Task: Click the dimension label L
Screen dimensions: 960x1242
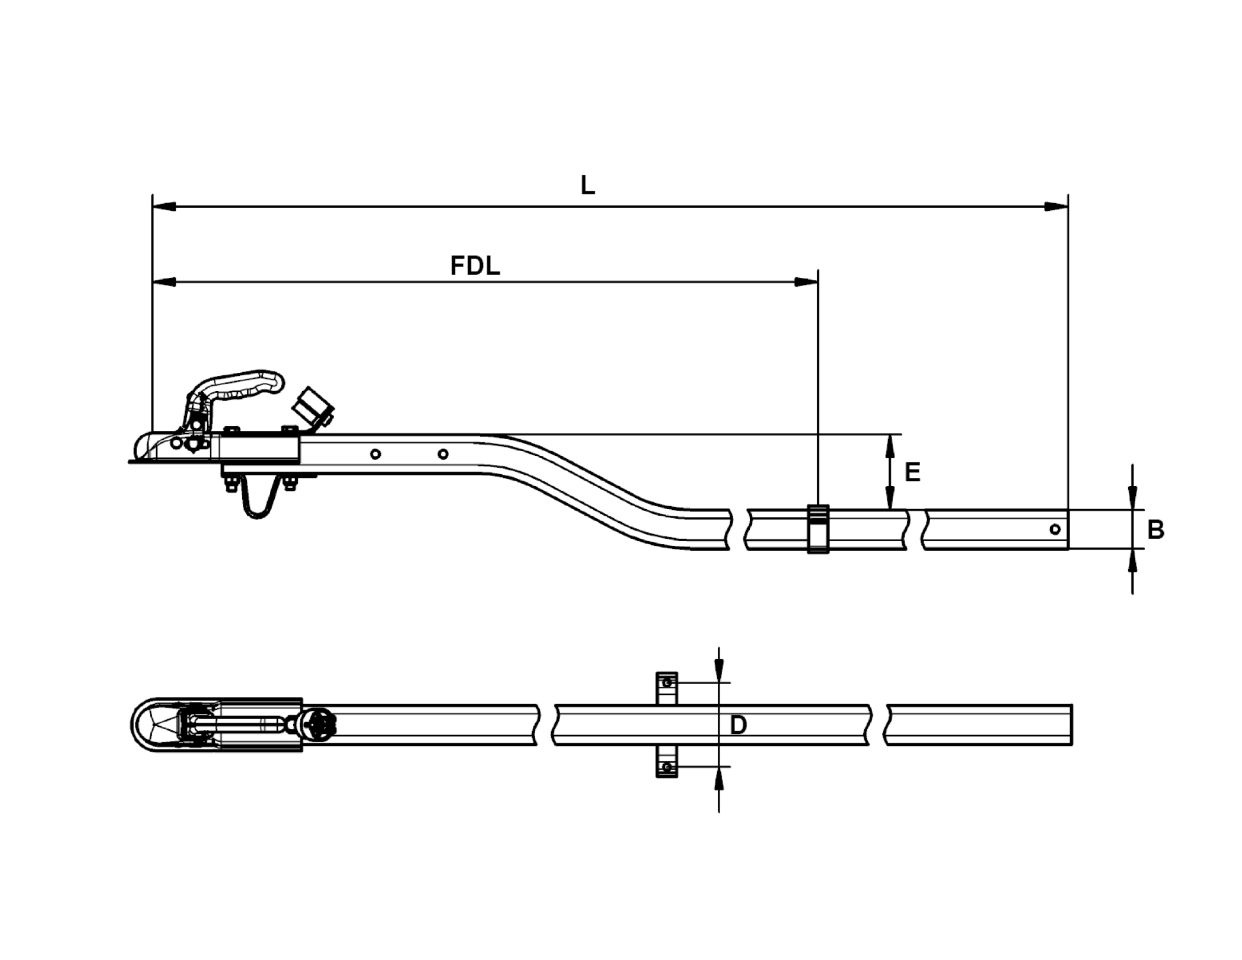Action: (587, 186)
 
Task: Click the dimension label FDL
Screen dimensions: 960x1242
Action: (475, 266)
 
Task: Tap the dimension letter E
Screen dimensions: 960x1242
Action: (912, 472)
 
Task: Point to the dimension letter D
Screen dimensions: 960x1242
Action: (738, 725)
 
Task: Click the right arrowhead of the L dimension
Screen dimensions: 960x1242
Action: (1057, 206)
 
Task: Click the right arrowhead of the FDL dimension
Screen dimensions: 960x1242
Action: (807, 282)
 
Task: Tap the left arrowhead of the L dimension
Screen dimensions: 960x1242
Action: (164, 206)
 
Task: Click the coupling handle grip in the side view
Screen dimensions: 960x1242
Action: (244, 385)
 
